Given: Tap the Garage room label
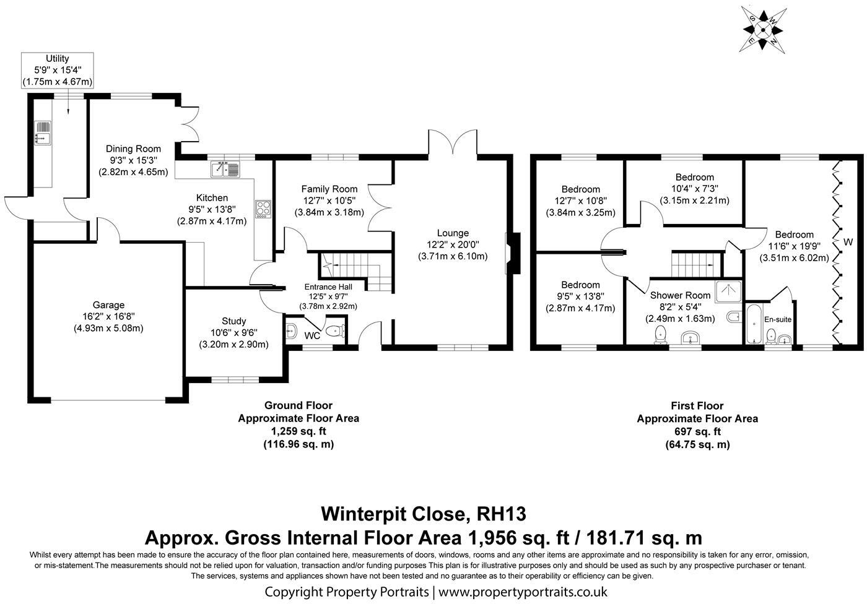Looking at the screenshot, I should click(x=109, y=304).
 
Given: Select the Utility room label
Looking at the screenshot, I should click(x=57, y=59).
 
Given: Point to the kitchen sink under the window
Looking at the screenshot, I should click(x=225, y=169).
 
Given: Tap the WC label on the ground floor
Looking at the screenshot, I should click(x=312, y=335).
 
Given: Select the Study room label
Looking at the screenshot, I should click(x=233, y=321).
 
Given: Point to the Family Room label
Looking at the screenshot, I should click(x=329, y=189).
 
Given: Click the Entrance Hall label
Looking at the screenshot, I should click(x=328, y=287).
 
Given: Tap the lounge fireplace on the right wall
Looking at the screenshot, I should click(x=511, y=253).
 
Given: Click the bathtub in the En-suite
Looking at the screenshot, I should click(x=754, y=323).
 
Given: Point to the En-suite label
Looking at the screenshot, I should click(x=777, y=319).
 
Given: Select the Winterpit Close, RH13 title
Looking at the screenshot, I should click(x=424, y=513).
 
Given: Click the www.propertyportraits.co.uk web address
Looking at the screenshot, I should click(x=523, y=592).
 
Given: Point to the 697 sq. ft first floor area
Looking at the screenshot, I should click(x=697, y=431).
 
